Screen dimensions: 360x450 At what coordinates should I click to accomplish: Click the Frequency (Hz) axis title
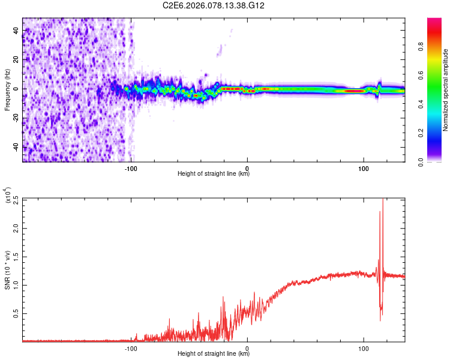click(7, 89)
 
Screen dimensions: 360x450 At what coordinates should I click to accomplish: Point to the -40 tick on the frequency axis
click(14, 147)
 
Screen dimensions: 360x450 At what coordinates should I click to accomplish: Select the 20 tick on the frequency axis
click(16, 60)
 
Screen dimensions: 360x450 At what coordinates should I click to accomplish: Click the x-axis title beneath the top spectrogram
click(214, 174)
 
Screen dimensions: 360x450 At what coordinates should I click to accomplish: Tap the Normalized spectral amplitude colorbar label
click(446, 90)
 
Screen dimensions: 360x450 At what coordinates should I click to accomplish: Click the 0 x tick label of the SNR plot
click(248, 348)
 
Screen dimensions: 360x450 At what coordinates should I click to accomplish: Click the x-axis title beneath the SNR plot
click(214, 353)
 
